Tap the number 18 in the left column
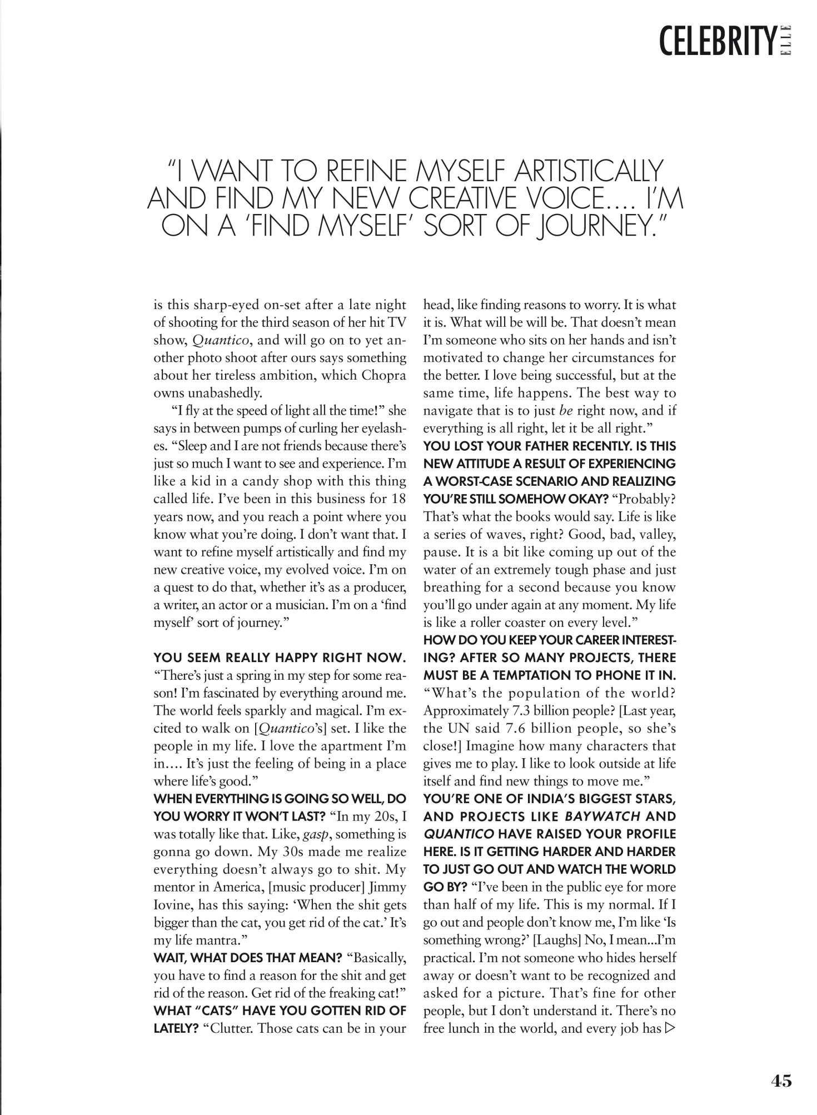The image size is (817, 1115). [398, 498]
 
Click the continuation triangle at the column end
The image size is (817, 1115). [670, 1028]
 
